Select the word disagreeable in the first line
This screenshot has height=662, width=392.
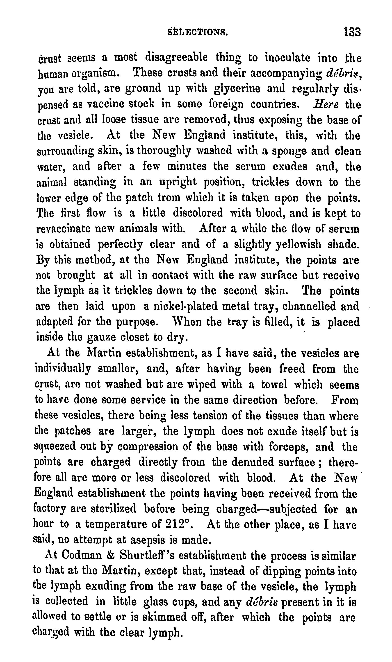point(176,58)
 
